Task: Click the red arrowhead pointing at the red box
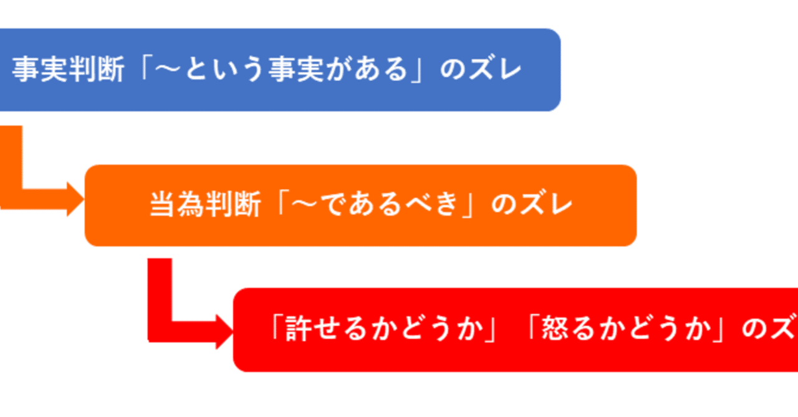coord(224,330)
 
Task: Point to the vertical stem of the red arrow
coord(160,293)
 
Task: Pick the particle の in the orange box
coord(502,205)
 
